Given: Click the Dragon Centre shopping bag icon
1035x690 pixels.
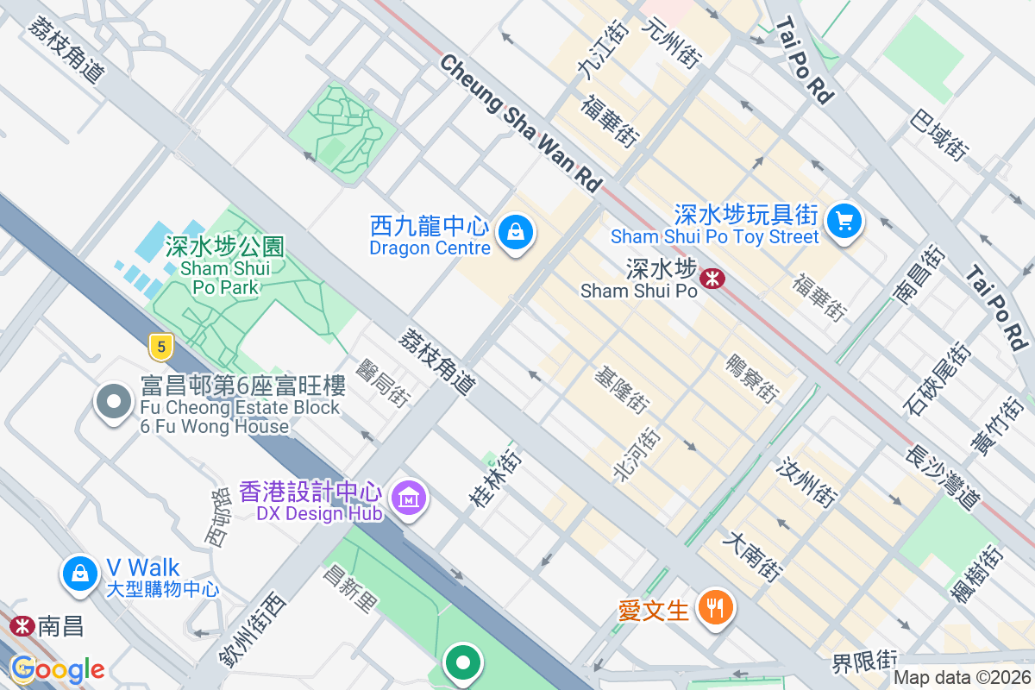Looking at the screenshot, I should click(515, 231).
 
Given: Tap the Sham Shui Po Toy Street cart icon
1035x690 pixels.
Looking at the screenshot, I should click(844, 222).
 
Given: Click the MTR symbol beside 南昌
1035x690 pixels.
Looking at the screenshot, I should click(22, 625).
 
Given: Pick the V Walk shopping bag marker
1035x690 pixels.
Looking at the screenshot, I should click(79, 572).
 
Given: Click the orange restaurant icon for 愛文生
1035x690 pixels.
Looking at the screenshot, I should click(715, 608).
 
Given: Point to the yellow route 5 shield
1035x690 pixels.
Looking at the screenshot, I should click(160, 347).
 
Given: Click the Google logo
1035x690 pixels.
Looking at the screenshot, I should click(57, 669).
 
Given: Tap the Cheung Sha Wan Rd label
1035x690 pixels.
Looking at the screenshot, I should click(520, 123).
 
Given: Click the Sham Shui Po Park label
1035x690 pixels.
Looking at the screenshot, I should click(220, 267).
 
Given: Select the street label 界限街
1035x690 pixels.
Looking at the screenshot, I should click(864, 662).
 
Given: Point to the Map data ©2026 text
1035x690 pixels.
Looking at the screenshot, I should click(962, 678).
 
